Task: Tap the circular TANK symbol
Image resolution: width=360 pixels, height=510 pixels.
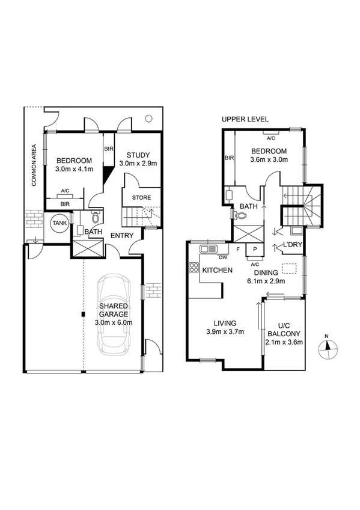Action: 59,223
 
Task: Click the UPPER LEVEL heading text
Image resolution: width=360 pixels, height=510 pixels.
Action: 245,119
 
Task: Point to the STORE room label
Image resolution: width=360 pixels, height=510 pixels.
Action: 141,197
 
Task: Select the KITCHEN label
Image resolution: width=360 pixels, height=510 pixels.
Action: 217,270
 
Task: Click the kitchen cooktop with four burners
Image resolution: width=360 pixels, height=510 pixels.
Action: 195,268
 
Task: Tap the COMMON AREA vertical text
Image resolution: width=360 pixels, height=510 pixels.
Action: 34,165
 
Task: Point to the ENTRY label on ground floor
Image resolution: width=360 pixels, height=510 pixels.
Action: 121,235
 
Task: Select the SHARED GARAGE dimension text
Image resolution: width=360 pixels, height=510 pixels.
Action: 114,322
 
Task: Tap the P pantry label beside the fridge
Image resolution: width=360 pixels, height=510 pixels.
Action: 254,248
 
